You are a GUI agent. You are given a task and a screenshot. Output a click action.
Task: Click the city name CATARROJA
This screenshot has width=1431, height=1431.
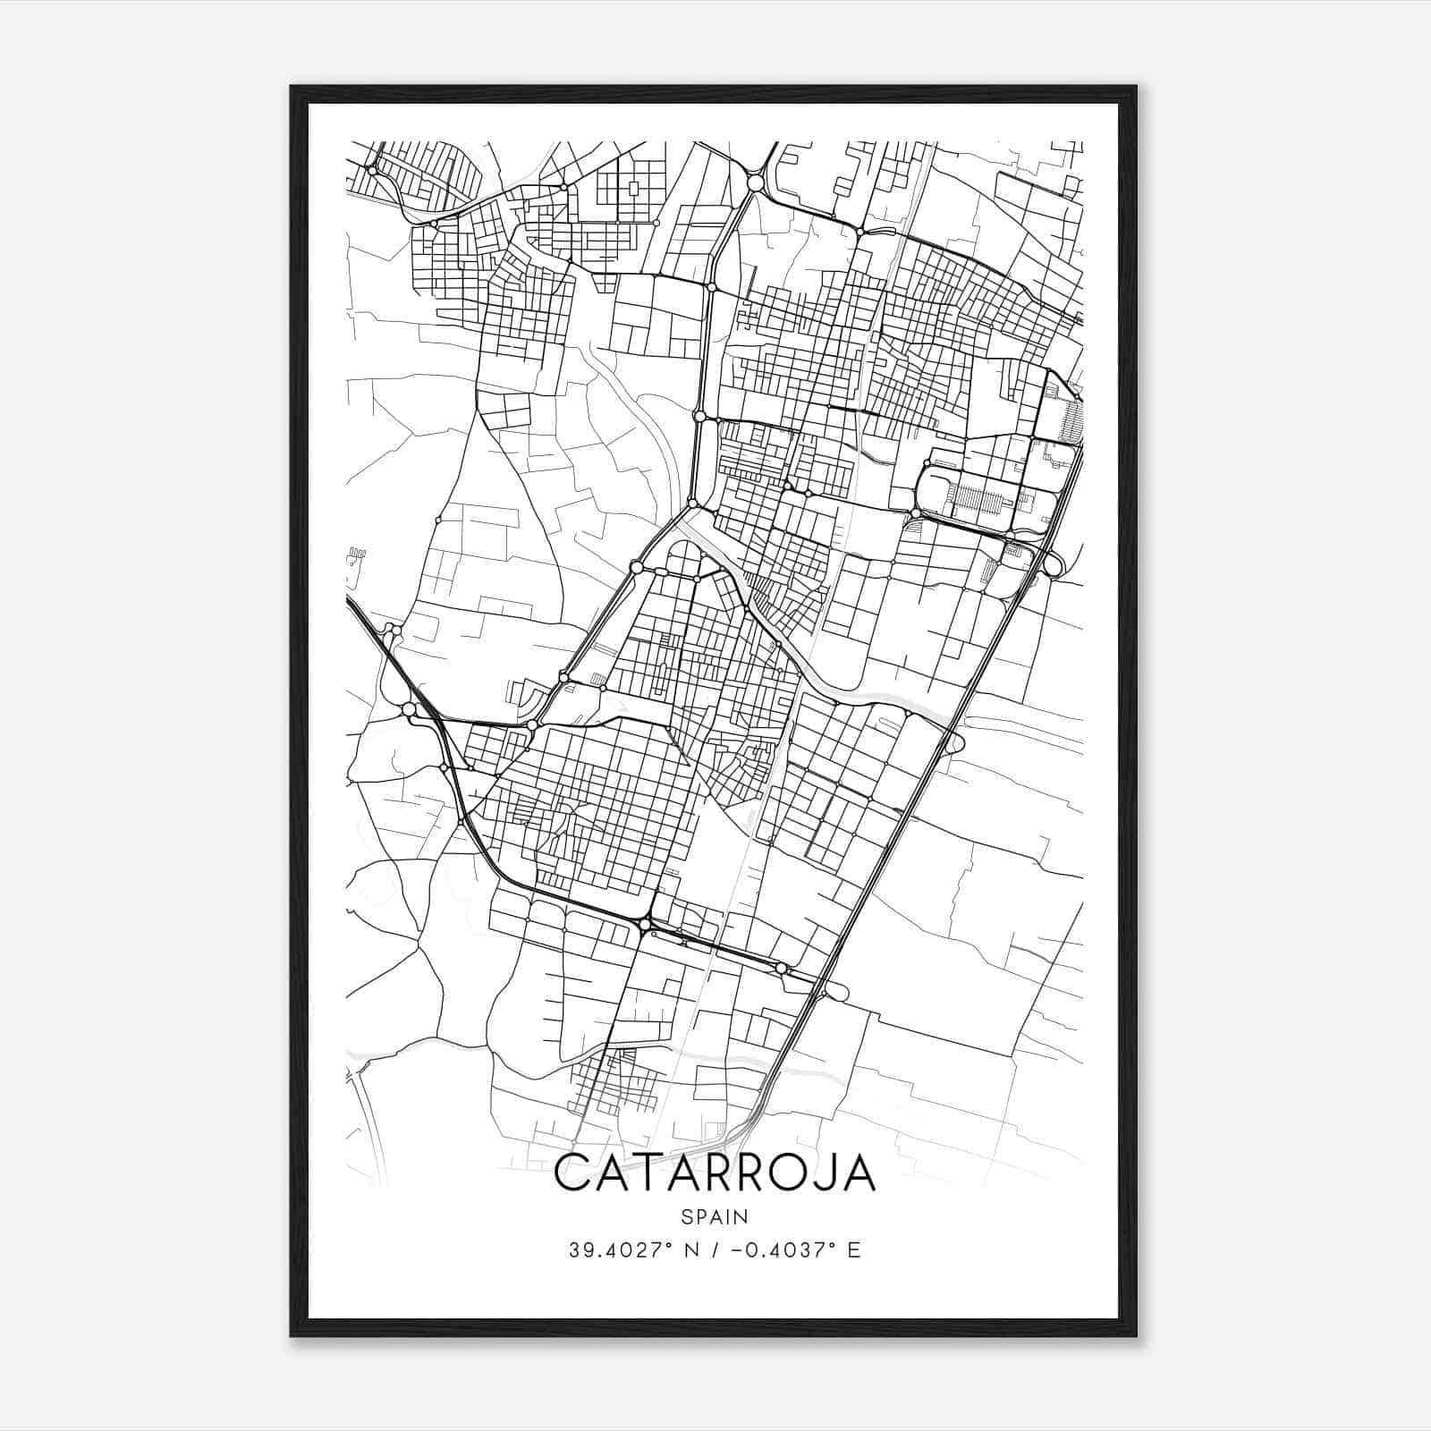click(715, 1173)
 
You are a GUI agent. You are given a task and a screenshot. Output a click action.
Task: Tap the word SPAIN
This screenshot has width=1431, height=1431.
click(715, 1216)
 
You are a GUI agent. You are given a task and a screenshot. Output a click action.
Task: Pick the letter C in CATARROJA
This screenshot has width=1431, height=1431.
click(572, 1173)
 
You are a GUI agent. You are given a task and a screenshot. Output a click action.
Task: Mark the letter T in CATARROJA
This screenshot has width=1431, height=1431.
click(644, 1173)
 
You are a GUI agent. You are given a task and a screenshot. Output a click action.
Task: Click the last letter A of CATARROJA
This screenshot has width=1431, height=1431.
click(857, 1173)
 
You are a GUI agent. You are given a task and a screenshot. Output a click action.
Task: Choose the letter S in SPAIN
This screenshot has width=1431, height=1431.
click(685, 1216)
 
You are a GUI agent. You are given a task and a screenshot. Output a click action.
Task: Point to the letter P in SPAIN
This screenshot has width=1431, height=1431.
click(699, 1216)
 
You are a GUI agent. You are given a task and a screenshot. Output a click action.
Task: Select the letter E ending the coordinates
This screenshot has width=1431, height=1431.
click(854, 1249)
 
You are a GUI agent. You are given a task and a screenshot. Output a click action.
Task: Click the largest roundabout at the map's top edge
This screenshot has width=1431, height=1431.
click(756, 182)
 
